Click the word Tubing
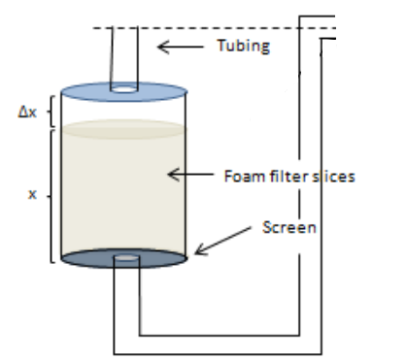[x=244, y=46]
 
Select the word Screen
[x=289, y=227]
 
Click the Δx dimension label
[x=27, y=113]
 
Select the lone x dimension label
[x=32, y=194]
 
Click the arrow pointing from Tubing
[x=181, y=47]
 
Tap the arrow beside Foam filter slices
[x=190, y=175]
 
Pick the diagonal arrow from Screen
[x=222, y=241]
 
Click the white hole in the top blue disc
[x=124, y=89]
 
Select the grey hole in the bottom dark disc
[x=126, y=258]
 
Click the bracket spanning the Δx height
[x=51, y=112]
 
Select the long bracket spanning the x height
[x=51, y=196]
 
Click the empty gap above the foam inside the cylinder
[x=123, y=111]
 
